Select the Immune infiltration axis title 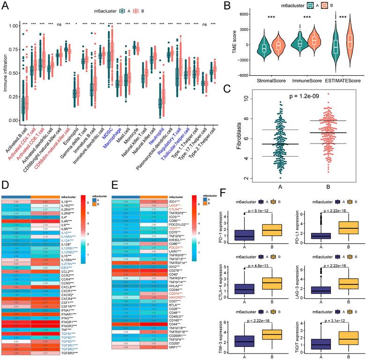pyautogui.click(x=4, y=72)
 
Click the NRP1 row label pyautogui.click(x=175, y=347)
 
